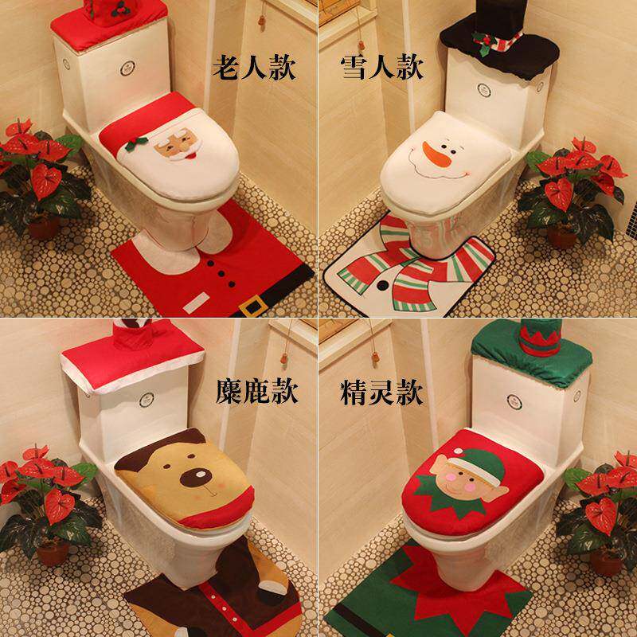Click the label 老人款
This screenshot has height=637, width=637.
pyautogui.click(x=254, y=68)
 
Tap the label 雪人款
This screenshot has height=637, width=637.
pyautogui.click(x=382, y=67)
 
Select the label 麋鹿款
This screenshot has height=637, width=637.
pyautogui.click(x=256, y=392)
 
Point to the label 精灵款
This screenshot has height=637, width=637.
pyautogui.click(x=381, y=392)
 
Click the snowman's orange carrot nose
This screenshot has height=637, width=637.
pyautogui.click(x=436, y=154)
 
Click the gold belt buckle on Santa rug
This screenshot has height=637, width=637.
pyautogui.click(x=253, y=305)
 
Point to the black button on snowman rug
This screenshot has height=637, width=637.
pyautogui.click(x=382, y=285)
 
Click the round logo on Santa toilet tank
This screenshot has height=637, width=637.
pyautogui.click(x=127, y=68)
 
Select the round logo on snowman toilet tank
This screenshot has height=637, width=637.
pyautogui.click(x=484, y=90)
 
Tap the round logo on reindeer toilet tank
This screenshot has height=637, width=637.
pyautogui.click(x=147, y=401)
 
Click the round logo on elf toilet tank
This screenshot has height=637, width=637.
pyautogui.click(x=514, y=402)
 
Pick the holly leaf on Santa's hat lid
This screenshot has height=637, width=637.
pyautogui.click(x=135, y=143)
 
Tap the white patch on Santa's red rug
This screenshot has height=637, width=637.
pyautogui.click(x=196, y=303)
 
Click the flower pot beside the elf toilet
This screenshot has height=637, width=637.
pyautogui.click(x=605, y=561)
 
